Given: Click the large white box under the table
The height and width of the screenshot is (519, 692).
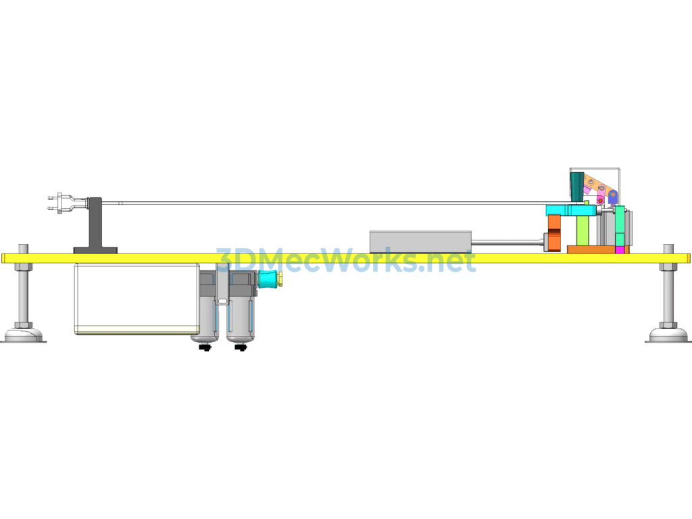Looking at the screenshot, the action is tap(137, 299).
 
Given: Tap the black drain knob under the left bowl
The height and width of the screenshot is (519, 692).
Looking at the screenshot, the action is tap(205, 348).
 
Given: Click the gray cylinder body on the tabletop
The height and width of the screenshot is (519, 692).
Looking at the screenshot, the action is tap(420, 242).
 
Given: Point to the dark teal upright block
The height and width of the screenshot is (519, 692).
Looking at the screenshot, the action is tap(576, 185).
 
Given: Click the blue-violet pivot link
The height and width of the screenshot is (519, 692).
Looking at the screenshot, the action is tap(612, 197).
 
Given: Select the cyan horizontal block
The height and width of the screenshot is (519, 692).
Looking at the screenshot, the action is tap(572, 210).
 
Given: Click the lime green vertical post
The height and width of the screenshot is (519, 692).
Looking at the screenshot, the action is tap(583, 230).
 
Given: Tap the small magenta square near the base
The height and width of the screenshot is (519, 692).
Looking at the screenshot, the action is tap(620, 250).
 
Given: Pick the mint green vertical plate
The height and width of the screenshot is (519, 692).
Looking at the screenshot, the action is tap(620, 226).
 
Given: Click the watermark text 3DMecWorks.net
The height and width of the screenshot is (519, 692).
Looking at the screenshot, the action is tap(346, 260).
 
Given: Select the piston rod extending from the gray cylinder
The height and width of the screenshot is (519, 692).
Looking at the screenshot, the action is tap(508, 243).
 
